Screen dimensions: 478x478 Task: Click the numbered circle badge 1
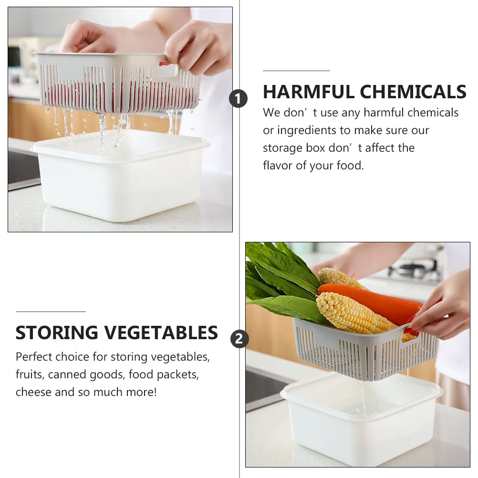(238, 99)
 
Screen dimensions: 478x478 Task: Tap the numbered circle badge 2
(239, 339)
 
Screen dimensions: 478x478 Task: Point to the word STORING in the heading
(57, 333)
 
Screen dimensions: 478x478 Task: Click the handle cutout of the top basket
(166, 70)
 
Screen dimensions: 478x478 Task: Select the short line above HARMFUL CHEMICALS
(296, 71)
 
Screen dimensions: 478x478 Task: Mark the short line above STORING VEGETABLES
(51, 312)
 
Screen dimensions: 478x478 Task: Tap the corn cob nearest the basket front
(353, 315)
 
